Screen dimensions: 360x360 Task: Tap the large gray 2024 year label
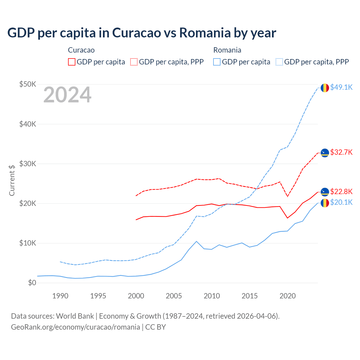pyautogui.click(x=67, y=95)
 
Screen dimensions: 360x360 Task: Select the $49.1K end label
pyautogui.click(x=341, y=87)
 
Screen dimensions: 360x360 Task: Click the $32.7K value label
pyautogui.click(x=341, y=152)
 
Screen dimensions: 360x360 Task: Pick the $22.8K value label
pyautogui.click(x=341, y=192)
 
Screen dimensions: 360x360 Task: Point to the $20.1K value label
pyautogui.click(x=341, y=202)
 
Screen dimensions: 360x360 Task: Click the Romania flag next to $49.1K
pyautogui.click(x=325, y=88)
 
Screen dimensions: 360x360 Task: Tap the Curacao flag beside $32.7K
pyautogui.click(x=325, y=153)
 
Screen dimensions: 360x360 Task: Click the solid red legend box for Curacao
pyautogui.click(x=72, y=62)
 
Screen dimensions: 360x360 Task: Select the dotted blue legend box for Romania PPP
pyautogui.click(x=279, y=62)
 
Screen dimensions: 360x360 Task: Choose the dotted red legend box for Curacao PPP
pyautogui.click(x=134, y=62)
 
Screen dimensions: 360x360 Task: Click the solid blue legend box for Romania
pyautogui.click(x=217, y=62)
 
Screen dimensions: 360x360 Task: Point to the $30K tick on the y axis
pyautogui.click(x=28, y=164)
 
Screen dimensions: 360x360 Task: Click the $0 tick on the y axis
pyautogui.click(x=32, y=283)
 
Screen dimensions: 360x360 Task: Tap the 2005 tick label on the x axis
pyautogui.click(x=174, y=296)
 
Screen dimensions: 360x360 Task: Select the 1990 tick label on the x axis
pyautogui.click(x=60, y=296)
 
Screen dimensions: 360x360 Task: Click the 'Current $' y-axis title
pyautogui.click(x=12, y=180)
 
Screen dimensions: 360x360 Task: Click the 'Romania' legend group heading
pyautogui.click(x=227, y=50)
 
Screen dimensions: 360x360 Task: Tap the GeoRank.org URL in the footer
pyautogui.click(x=75, y=327)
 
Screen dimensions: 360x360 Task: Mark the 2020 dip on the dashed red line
pyautogui.click(x=287, y=196)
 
